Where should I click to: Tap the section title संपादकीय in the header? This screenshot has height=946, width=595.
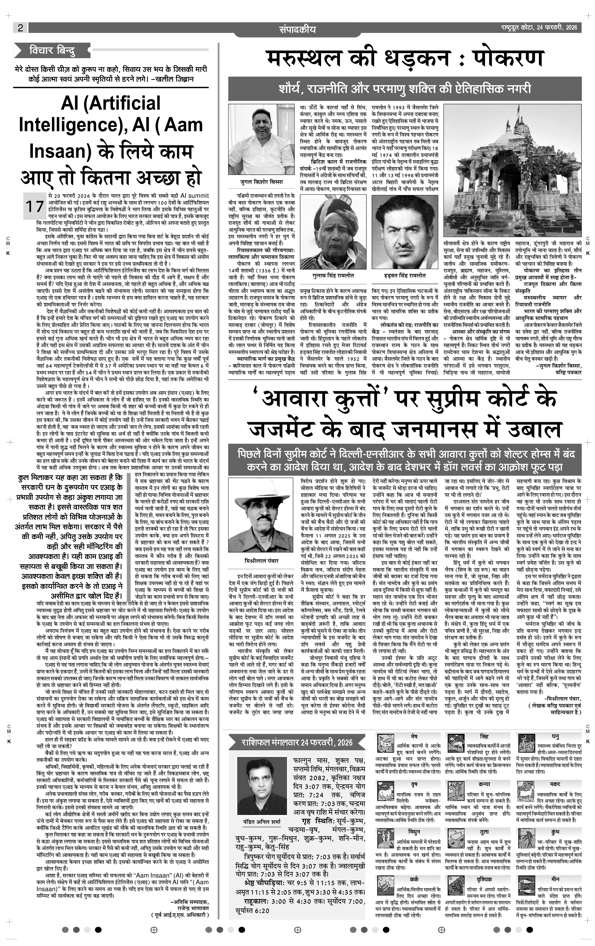(x=297, y=29)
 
